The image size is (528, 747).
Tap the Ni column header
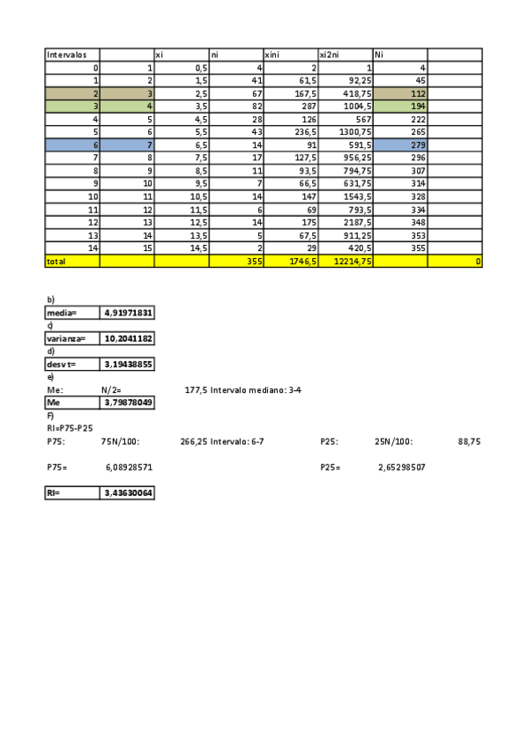pyautogui.click(x=380, y=55)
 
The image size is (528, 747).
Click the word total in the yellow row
pyautogui.click(x=56, y=261)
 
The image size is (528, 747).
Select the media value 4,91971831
pyautogui.click(x=128, y=313)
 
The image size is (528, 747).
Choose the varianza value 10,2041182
pyautogui.click(x=128, y=338)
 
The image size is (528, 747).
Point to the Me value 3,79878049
pyautogui.click(x=128, y=403)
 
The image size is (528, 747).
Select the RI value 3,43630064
pyautogui.click(x=128, y=494)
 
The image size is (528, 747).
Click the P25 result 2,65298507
pyautogui.click(x=401, y=468)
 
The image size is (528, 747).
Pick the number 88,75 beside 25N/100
pyautogui.click(x=469, y=442)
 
